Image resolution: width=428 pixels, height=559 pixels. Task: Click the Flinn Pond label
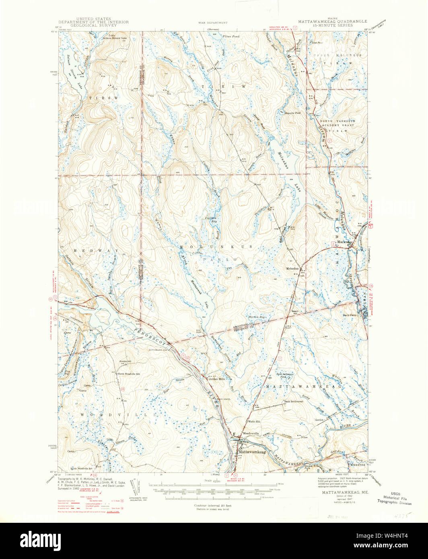pyautogui.click(x=230, y=37)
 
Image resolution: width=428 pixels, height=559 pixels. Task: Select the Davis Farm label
pyautogui.click(x=350, y=315)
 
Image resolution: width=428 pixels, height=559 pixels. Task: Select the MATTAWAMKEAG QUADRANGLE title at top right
pyautogui.click(x=325, y=23)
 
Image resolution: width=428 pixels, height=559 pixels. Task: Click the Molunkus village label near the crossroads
pyautogui.click(x=293, y=269)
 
